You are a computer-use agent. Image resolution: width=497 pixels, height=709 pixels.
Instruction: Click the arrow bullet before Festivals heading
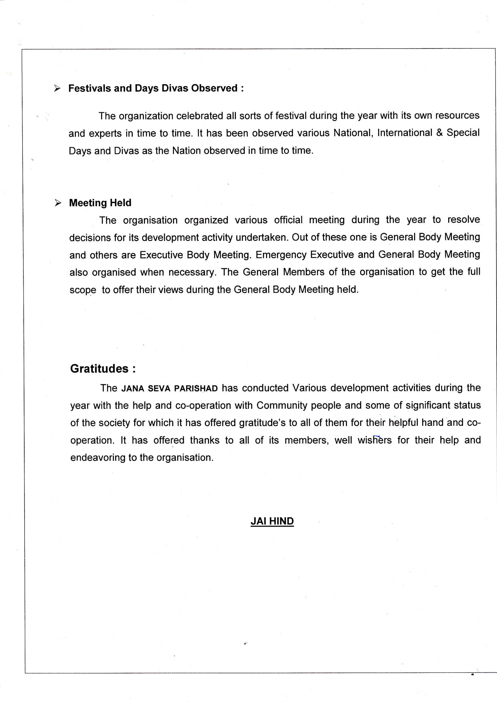click(57, 88)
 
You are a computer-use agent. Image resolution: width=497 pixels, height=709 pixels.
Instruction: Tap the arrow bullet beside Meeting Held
click(58, 203)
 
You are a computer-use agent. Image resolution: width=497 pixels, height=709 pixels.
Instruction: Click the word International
click(405, 133)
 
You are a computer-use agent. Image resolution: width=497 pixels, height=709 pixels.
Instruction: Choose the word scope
click(83, 290)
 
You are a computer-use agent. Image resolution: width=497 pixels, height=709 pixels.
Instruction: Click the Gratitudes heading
click(103, 369)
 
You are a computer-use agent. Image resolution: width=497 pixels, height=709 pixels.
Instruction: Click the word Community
click(282, 405)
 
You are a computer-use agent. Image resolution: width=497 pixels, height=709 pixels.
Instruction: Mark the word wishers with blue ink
click(374, 440)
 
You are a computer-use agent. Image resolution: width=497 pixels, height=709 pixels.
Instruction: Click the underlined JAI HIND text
click(272, 521)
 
